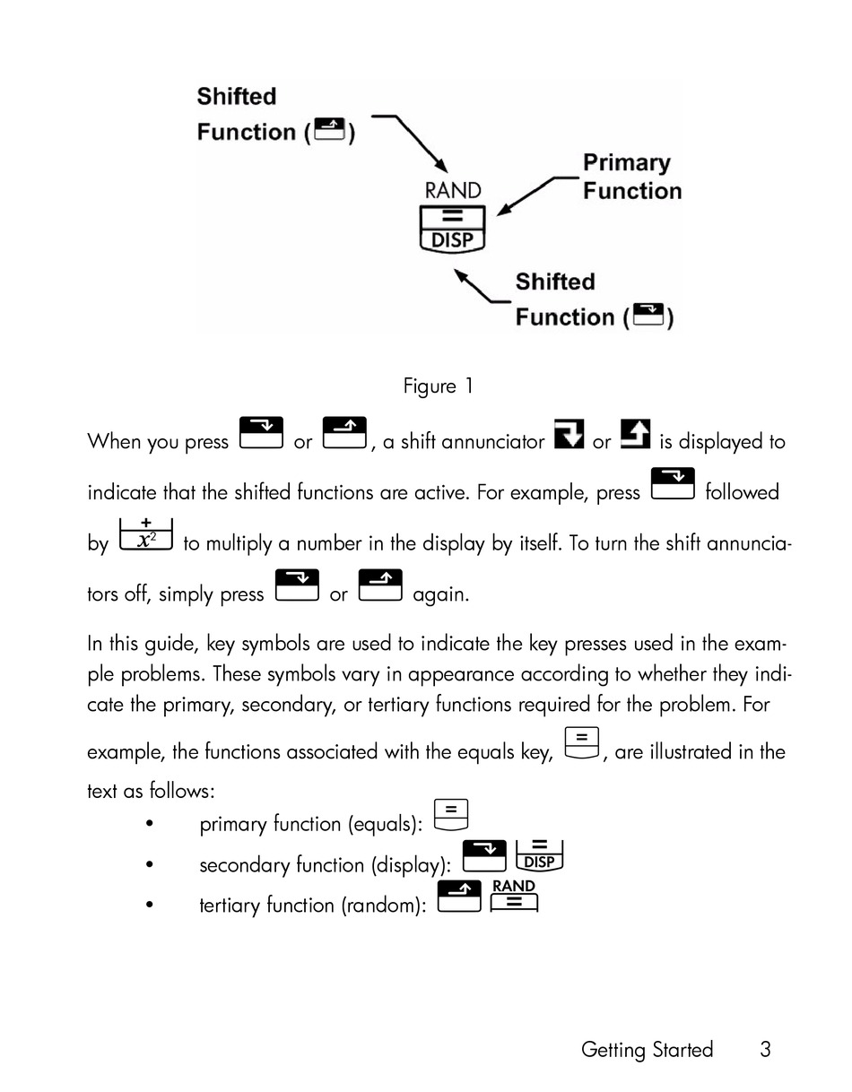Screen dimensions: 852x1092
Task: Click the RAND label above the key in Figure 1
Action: click(x=452, y=191)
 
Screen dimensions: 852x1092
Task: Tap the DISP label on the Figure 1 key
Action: click(x=452, y=240)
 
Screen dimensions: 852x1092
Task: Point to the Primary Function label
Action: click(x=632, y=177)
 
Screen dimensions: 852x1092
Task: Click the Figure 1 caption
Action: click(x=438, y=386)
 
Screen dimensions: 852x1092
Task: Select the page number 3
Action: click(x=764, y=1050)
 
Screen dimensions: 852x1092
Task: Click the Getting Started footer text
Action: click(x=647, y=1050)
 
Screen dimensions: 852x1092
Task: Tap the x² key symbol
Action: click(x=146, y=534)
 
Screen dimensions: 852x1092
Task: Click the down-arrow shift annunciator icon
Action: click(x=569, y=433)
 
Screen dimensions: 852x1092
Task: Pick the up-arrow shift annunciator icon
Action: click(x=635, y=433)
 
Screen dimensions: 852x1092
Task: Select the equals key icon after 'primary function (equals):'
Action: click(x=451, y=815)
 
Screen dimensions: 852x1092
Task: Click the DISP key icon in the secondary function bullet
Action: click(x=539, y=856)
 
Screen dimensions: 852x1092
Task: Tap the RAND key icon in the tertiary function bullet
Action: click(x=514, y=896)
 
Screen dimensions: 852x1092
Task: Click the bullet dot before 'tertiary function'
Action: click(x=149, y=905)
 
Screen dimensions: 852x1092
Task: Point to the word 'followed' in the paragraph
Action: click(x=742, y=492)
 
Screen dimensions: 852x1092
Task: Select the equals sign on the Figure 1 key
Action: click(x=452, y=217)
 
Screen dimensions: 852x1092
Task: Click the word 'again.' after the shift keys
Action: click(x=441, y=594)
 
